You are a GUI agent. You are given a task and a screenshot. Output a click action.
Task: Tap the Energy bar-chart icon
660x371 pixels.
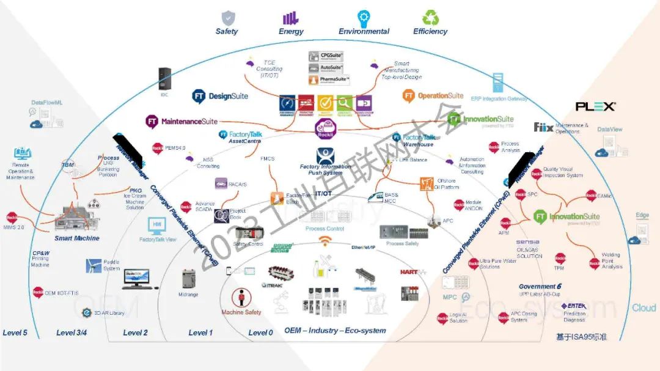tap(291, 18)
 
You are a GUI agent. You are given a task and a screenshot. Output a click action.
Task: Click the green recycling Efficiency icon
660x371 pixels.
tap(430, 17)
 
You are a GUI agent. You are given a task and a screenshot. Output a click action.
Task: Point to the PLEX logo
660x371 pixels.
tap(595, 106)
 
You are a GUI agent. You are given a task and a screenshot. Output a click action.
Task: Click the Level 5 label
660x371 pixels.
tap(15, 332)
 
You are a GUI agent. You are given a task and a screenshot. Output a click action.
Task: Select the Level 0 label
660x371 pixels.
tap(261, 332)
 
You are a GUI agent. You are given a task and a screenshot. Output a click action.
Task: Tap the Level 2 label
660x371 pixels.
tap(136, 332)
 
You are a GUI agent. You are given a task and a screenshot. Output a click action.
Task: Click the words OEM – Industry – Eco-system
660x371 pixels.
tap(335, 331)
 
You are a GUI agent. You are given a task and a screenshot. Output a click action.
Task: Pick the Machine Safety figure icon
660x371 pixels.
tap(241, 298)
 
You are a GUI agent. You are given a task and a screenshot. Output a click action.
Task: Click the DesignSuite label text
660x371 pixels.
tap(229, 96)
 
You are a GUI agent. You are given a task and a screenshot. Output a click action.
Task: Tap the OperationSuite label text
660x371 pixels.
tap(441, 95)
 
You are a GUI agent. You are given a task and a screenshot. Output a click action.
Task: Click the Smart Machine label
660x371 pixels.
tap(77, 238)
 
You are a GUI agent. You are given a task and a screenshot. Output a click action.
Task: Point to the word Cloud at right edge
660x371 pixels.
tap(643, 307)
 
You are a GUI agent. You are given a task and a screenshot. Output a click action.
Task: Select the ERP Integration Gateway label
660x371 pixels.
tap(499, 98)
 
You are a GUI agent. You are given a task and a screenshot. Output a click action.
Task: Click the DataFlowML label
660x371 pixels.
tap(47, 103)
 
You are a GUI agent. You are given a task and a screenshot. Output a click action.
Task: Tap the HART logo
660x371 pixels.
tap(413, 272)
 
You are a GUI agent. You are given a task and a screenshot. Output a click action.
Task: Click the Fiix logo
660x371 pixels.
tap(543, 127)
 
